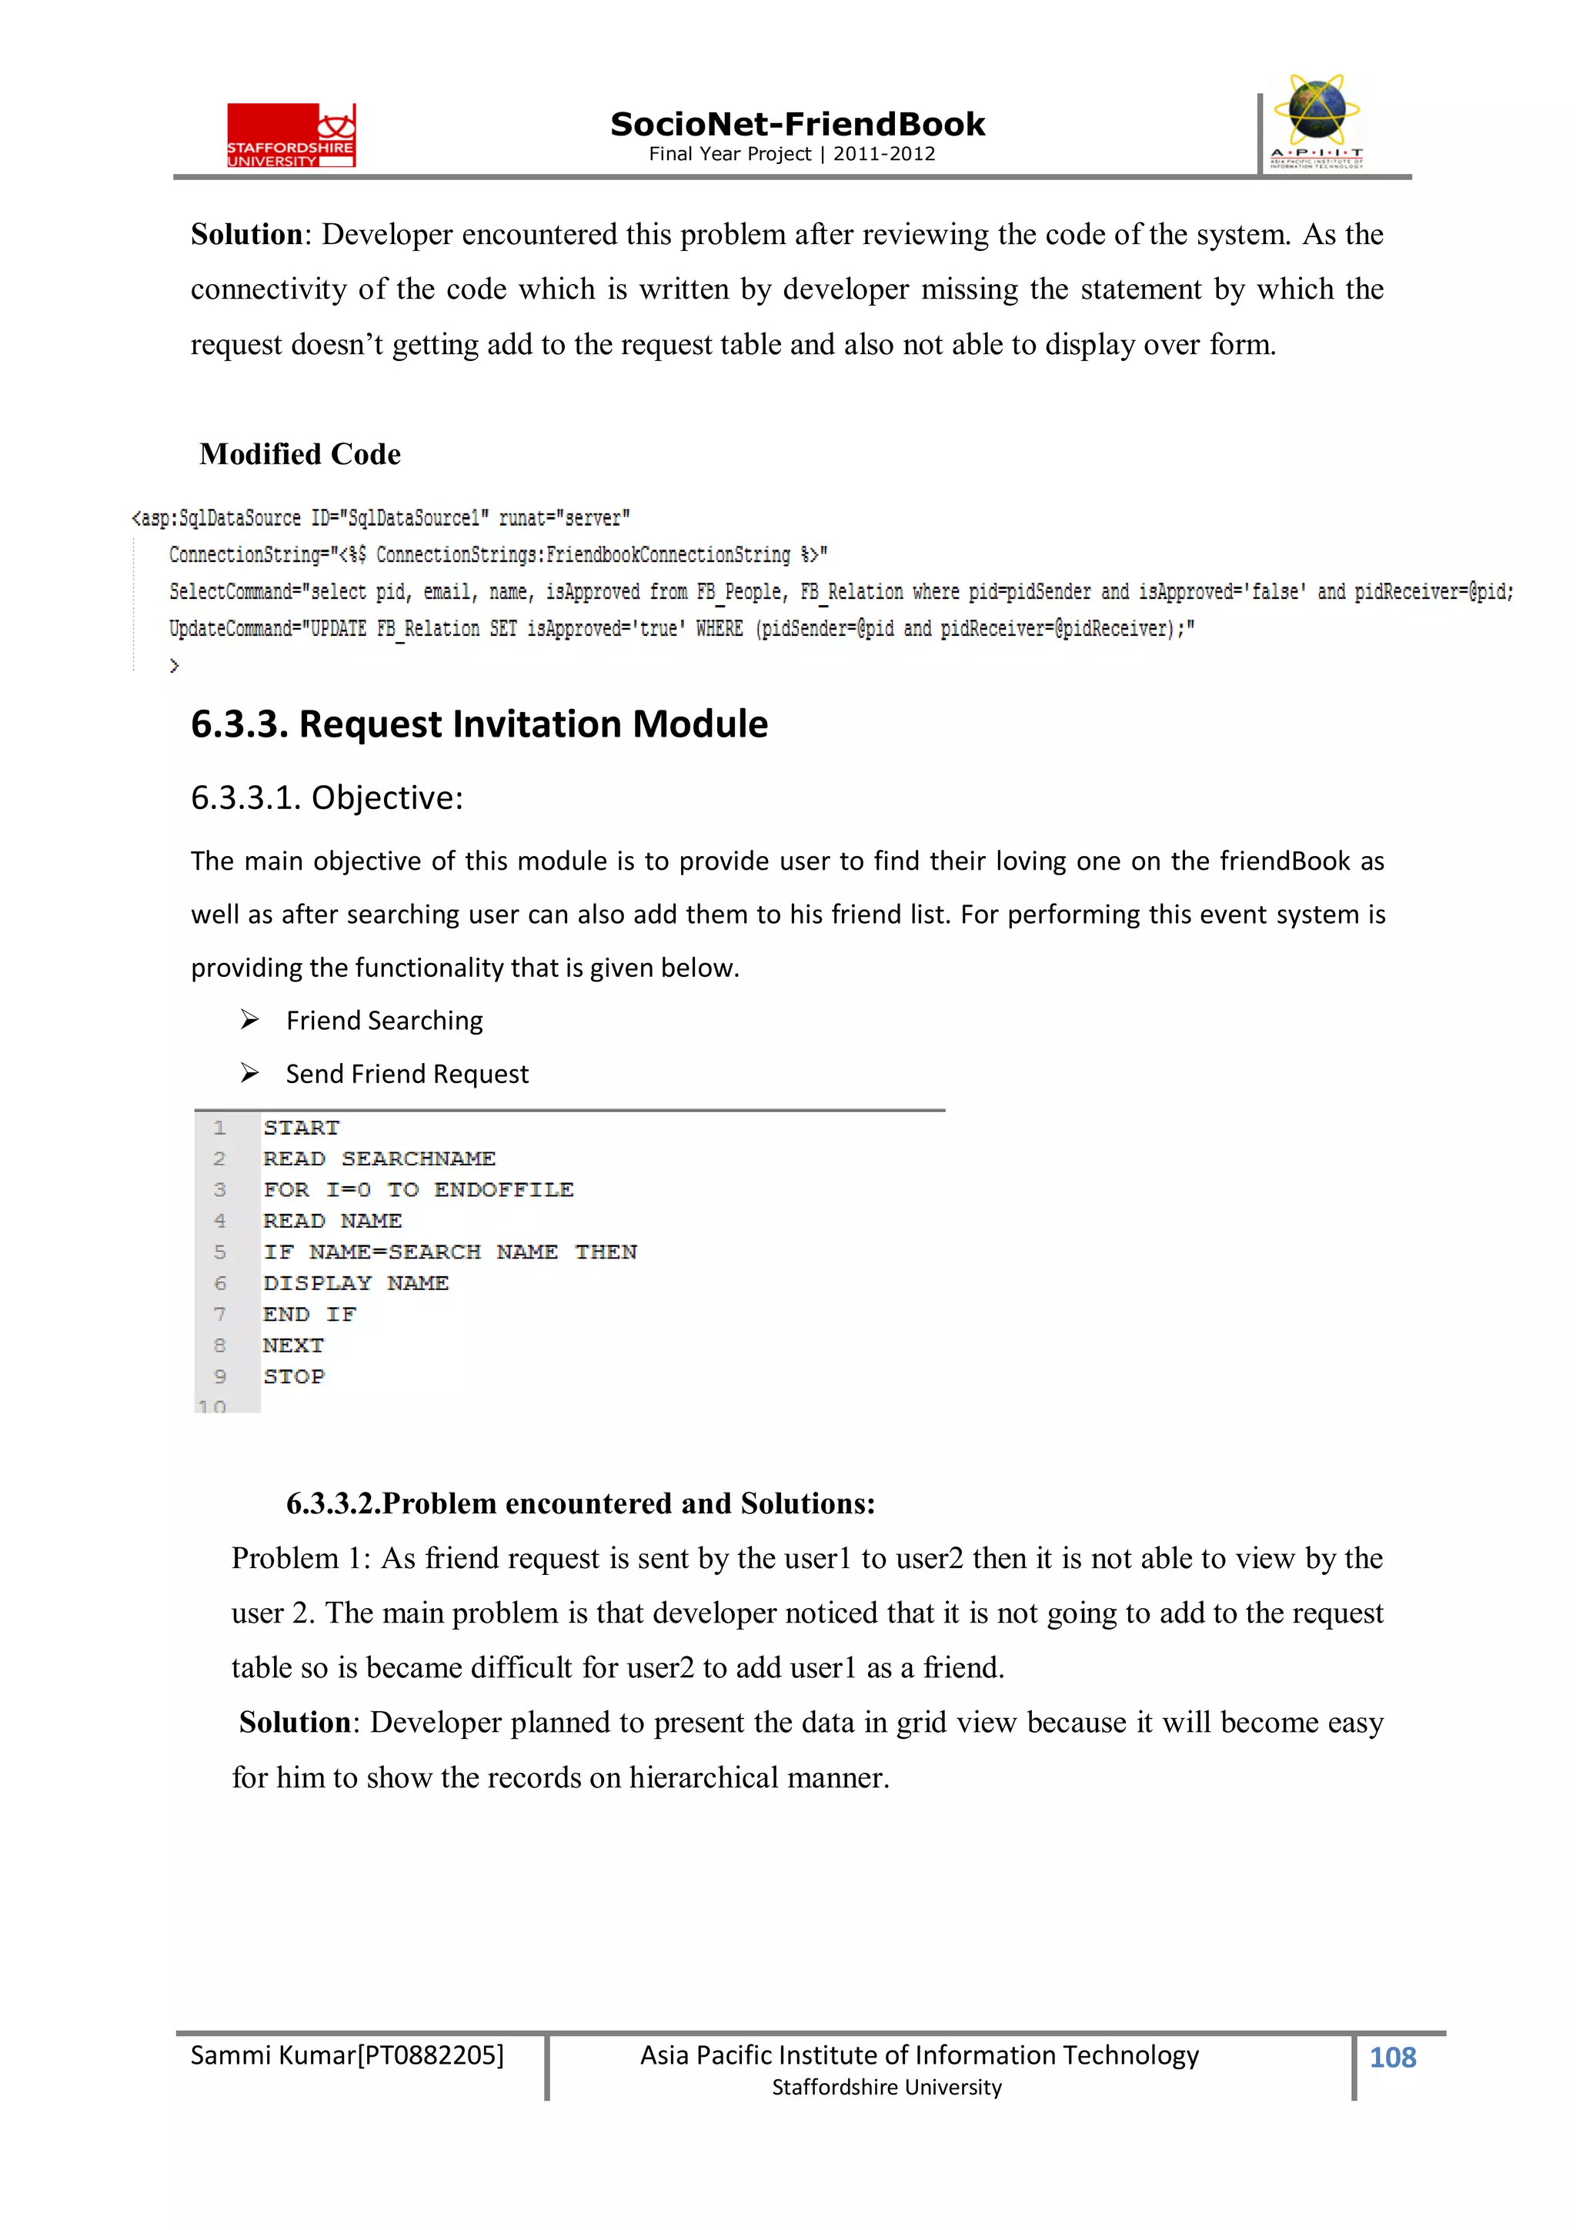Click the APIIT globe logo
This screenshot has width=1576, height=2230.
click(1317, 120)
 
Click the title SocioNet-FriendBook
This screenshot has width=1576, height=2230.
click(796, 125)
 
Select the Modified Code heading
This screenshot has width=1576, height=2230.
click(300, 455)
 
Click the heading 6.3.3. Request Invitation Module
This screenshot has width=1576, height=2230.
click(479, 724)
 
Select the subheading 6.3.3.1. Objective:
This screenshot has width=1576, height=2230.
click(326, 797)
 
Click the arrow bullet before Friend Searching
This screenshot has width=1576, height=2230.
click(249, 1020)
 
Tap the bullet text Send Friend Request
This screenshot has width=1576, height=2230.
click(407, 1075)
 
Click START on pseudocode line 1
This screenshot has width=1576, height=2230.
click(301, 1128)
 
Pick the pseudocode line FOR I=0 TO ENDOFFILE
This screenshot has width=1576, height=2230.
click(419, 1190)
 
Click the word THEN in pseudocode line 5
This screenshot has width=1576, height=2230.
click(606, 1252)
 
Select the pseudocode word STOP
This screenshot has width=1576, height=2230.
click(293, 1376)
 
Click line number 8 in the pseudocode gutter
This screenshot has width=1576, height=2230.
click(219, 1346)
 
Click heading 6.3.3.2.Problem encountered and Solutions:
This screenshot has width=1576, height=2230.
click(579, 1503)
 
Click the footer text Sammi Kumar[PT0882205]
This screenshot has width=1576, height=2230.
click(346, 2056)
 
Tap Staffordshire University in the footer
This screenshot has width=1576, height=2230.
click(886, 2088)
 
